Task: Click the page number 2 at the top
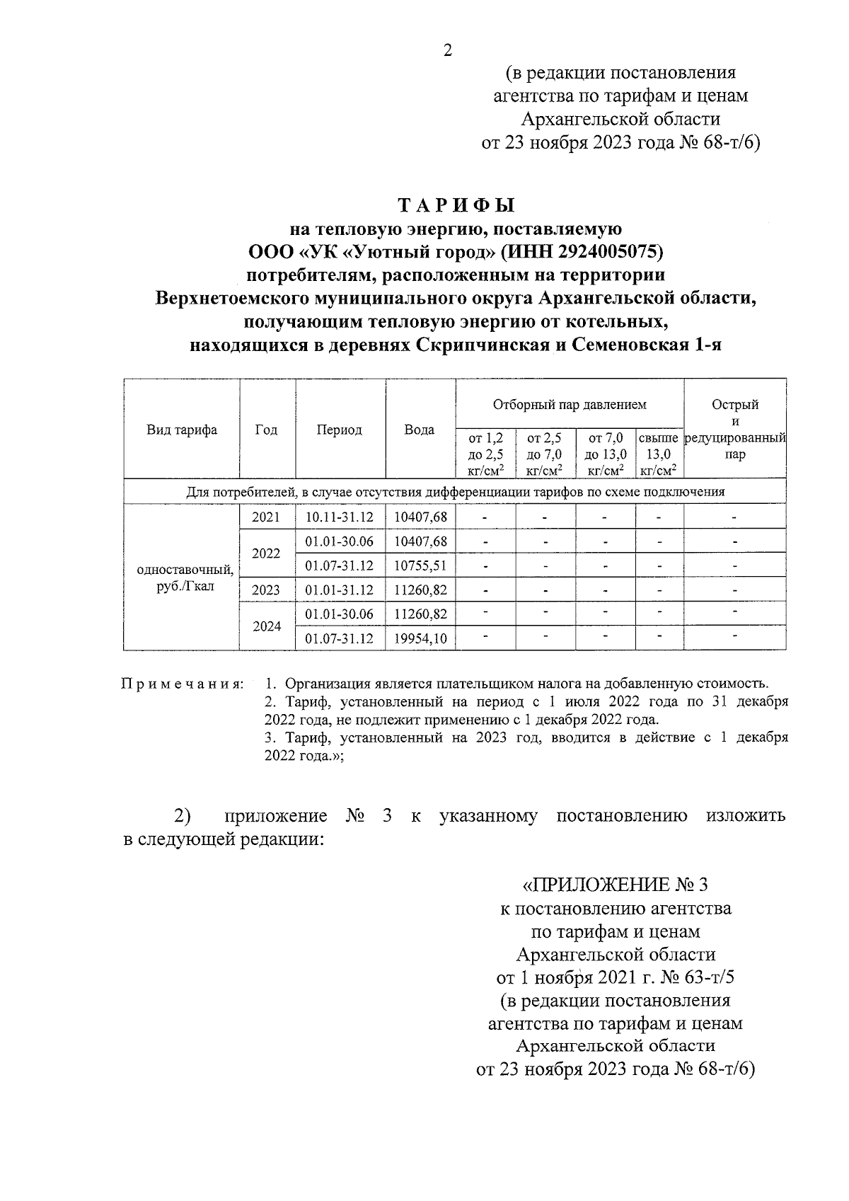[x=446, y=50]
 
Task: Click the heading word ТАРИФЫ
[x=456, y=206]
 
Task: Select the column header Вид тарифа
[x=182, y=430]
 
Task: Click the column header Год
[x=266, y=430]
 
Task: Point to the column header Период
[x=340, y=430]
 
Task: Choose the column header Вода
[x=419, y=430]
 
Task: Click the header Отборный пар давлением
[x=570, y=405]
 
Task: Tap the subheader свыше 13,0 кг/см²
[x=659, y=454]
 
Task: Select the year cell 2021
[x=266, y=517]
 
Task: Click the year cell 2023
[x=266, y=590]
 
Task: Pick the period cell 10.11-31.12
[x=340, y=517]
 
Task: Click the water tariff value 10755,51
[x=420, y=566]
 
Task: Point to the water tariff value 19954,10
[x=420, y=638]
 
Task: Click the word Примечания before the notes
[x=183, y=684]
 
